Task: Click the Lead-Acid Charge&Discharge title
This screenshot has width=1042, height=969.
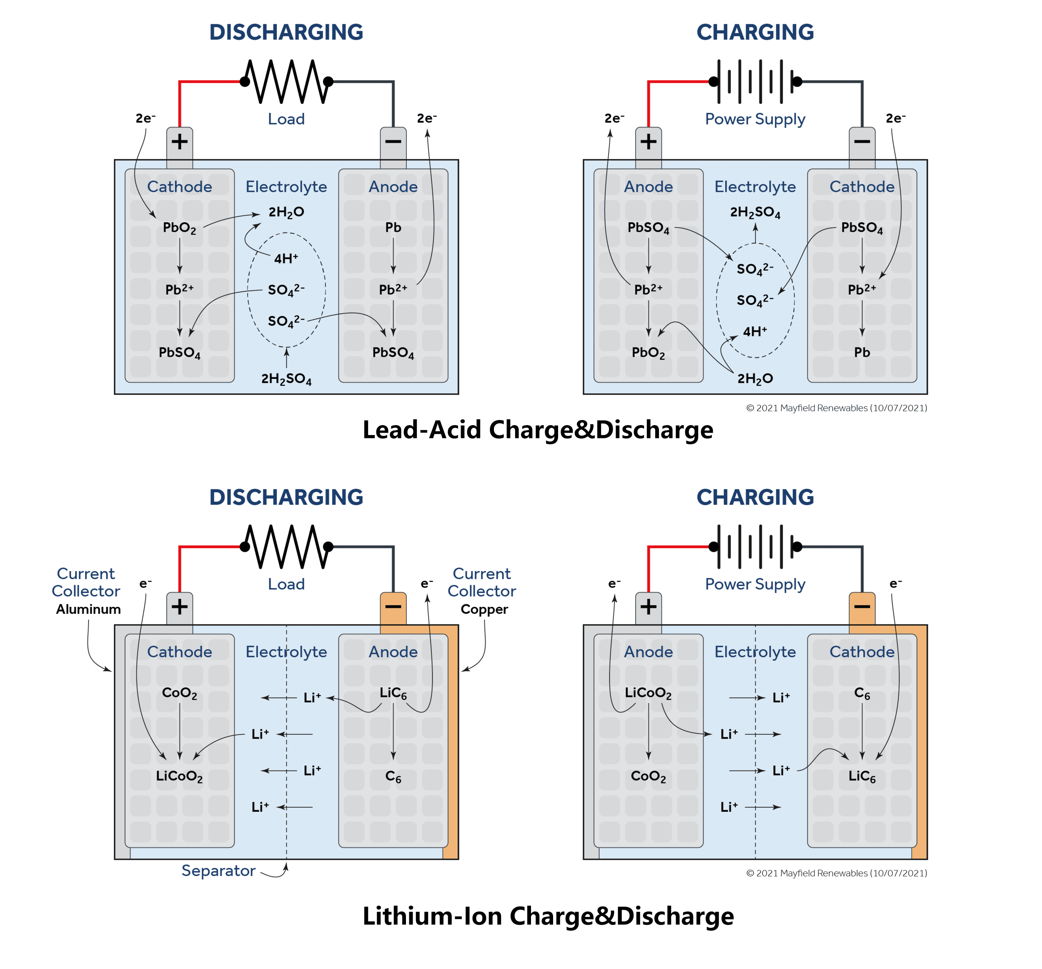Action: point(538,430)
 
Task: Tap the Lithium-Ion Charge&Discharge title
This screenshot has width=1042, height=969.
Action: point(548,916)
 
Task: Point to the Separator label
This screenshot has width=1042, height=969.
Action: point(218,871)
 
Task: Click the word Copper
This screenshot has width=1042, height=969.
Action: point(484,609)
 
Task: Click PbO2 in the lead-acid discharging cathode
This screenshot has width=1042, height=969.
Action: point(179,228)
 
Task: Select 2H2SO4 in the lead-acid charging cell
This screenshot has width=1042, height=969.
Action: point(755,212)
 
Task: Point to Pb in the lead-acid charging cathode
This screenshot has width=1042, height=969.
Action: point(862,352)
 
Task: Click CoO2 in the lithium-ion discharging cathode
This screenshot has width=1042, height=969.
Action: point(179,694)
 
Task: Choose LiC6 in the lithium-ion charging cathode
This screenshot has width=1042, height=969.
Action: point(862,777)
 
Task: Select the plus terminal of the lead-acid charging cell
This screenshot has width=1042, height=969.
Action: point(649,142)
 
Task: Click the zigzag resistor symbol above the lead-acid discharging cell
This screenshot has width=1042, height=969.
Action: point(286,81)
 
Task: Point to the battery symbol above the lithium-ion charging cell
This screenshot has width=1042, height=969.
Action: point(755,547)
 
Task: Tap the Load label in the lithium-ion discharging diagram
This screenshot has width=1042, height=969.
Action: point(286,584)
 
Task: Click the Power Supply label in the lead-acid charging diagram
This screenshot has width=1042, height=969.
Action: point(755,119)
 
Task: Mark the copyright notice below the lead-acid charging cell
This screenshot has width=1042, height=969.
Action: point(836,408)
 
